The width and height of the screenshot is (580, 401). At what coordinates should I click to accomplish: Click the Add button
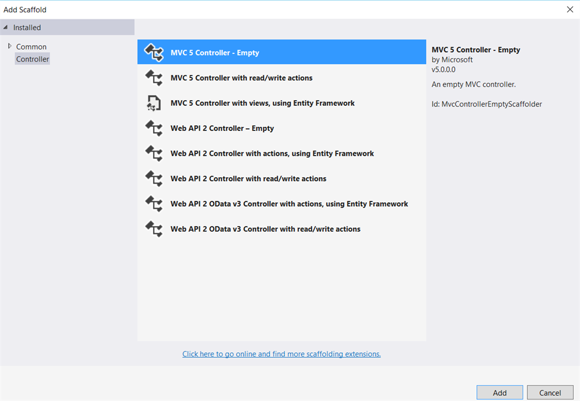point(500,393)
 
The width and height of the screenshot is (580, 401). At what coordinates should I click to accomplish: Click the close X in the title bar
point(570,9)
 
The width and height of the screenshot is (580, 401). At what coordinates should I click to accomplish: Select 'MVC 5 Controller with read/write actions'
point(241,78)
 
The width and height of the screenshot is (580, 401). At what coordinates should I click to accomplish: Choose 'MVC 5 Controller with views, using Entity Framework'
point(262,103)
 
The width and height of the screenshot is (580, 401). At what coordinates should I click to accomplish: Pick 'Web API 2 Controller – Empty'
point(222,129)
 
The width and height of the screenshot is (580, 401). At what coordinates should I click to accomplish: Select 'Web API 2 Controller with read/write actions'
point(248,178)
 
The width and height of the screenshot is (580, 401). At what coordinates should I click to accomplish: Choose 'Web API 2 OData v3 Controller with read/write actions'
point(265,229)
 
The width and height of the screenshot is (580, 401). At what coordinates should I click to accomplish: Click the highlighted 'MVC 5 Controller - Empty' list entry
point(282,52)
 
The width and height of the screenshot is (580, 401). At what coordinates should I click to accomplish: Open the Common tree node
point(31,46)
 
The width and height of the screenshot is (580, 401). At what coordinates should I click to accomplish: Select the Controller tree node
point(32,59)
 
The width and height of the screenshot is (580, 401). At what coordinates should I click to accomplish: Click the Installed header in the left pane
point(27,27)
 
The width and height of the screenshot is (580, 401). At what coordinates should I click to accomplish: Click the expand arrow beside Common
point(10,46)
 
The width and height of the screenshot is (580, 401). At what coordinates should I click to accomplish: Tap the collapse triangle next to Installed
point(6,27)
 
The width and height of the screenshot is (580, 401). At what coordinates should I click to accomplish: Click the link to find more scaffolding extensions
point(282,354)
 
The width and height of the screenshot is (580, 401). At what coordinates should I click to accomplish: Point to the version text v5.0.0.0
point(443,70)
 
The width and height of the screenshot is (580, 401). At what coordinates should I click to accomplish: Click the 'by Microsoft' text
point(452,59)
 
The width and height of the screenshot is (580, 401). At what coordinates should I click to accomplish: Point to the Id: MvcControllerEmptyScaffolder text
point(487,104)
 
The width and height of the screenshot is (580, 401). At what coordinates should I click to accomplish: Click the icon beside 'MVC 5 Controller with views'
point(153,103)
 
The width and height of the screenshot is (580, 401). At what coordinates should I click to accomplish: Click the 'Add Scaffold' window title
point(25,10)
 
